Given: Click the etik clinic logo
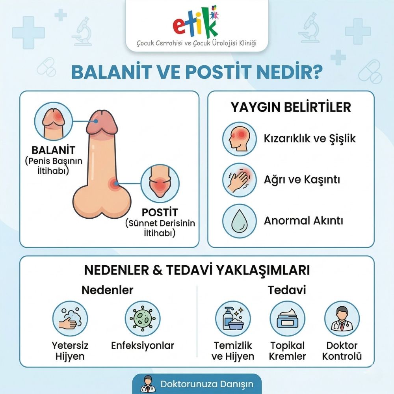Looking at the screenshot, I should pos(196,25).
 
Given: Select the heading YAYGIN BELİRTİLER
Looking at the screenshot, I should pos(291,107).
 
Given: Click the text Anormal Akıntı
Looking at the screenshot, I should pos(303,221).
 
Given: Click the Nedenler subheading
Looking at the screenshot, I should pos(107,290).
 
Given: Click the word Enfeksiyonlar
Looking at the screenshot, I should pos(142,346).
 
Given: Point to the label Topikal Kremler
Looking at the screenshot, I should pos(288,351).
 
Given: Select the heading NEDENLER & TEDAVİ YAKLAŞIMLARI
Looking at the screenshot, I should pos(197,270).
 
